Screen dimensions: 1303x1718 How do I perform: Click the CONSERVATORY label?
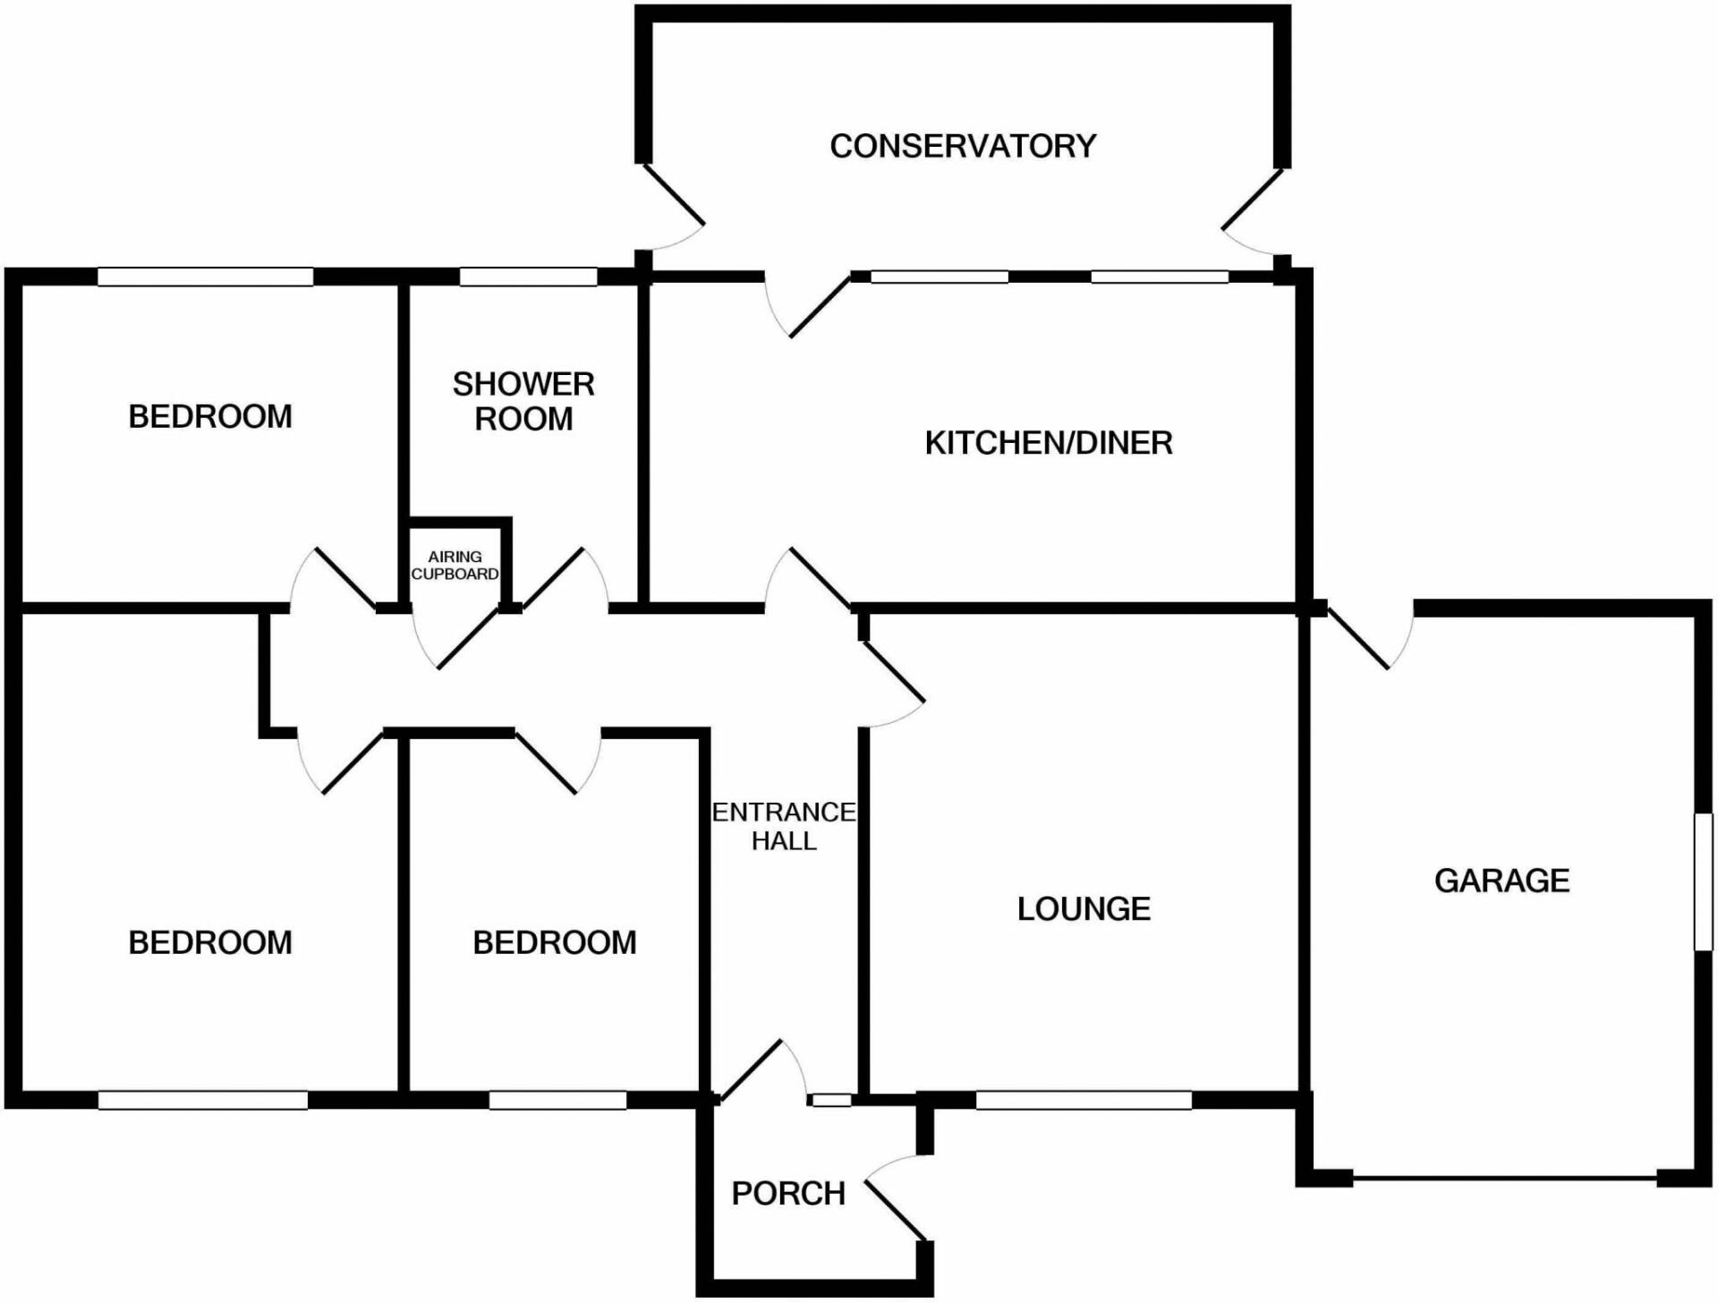click(963, 146)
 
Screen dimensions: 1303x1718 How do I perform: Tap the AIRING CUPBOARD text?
click(455, 566)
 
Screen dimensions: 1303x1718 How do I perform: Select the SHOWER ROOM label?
click(523, 401)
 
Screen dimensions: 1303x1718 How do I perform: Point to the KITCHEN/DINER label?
click(1048, 443)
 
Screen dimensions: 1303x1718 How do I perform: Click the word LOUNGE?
click(1084, 909)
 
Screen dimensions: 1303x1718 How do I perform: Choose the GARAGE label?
click(1501, 881)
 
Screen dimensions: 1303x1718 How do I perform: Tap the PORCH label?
click(788, 1194)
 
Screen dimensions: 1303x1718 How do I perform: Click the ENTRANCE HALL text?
click(784, 826)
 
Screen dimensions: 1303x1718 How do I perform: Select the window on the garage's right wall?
click(1703, 881)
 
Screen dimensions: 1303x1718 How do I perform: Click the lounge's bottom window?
click(1083, 1101)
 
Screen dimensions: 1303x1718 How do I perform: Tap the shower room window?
click(528, 277)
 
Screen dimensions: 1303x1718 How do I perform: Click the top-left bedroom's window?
click(205, 277)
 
